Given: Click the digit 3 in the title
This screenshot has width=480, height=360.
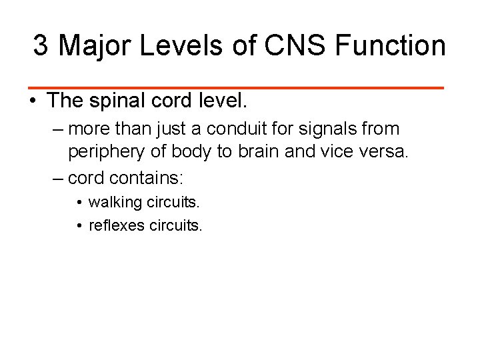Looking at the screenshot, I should click(41, 46).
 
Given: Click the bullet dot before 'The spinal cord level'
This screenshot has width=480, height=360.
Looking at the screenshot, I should click(32, 102).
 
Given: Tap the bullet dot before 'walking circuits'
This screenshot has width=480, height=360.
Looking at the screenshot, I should click(79, 202).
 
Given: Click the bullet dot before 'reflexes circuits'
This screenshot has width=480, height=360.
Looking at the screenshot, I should click(79, 225).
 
